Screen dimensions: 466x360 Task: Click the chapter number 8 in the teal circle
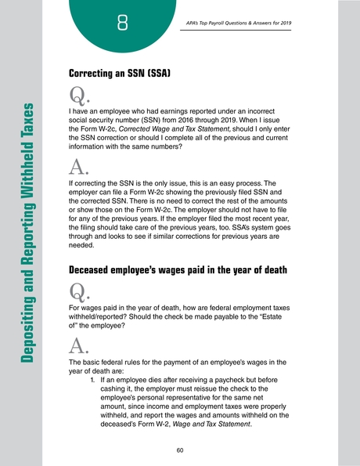(x=123, y=26)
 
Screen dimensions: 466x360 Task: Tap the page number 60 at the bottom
(x=180, y=450)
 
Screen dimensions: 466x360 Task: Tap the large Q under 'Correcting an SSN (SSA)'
(x=79, y=97)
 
